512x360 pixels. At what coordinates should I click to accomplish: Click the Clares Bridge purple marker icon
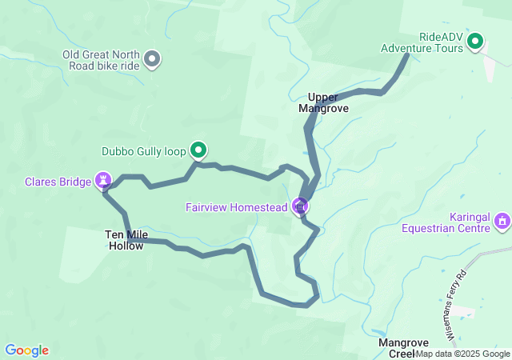pyautogui.click(x=103, y=181)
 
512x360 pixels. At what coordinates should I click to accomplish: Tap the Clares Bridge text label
pyautogui.click(x=58, y=182)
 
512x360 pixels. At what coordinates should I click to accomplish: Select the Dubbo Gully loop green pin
pyautogui.click(x=198, y=150)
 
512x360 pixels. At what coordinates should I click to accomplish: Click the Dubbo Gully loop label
pyautogui.click(x=144, y=150)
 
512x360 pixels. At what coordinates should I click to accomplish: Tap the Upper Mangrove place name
pyautogui.click(x=323, y=102)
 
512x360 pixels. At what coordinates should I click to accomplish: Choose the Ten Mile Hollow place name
pyautogui.click(x=124, y=240)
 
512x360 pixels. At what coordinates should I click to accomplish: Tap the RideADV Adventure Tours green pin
pyautogui.click(x=475, y=41)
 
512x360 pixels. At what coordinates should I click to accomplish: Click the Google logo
pyautogui.click(x=26, y=350)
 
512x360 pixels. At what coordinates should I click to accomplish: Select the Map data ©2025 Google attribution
pyautogui.click(x=462, y=354)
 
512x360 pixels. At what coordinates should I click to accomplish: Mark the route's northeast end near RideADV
pyautogui.click(x=407, y=55)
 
